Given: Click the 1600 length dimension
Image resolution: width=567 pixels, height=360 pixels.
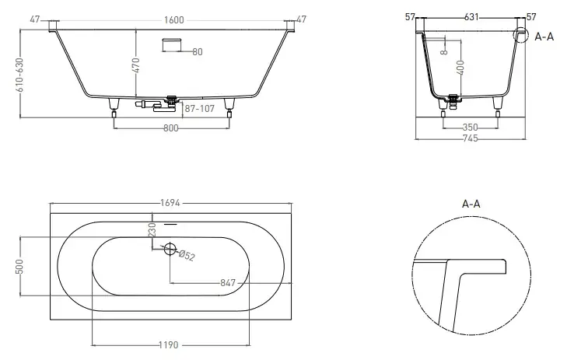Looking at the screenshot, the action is (x=174, y=20).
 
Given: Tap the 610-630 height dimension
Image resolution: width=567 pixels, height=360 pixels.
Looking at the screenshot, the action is (x=19, y=75).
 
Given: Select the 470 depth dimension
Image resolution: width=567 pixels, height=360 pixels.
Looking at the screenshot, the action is (x=136, y=65).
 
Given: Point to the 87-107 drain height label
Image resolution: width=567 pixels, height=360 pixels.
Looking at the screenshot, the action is (x=200, y=108).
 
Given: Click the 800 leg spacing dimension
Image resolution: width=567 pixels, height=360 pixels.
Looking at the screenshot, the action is (x=170, y=128).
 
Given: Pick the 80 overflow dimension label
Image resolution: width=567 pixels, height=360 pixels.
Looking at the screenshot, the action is (x=198, y=52).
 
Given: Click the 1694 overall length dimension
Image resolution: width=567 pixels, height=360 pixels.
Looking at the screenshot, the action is (x=170, y=204).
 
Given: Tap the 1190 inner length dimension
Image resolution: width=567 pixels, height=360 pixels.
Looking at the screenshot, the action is (x=169, y=345).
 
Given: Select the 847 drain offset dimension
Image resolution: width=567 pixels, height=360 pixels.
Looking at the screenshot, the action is (x=228, y=283).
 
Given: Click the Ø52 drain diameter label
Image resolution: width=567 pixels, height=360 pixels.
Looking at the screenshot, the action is (x=187, y=256).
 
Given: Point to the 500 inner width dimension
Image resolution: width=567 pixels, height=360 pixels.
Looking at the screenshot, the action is (x=19, y=267).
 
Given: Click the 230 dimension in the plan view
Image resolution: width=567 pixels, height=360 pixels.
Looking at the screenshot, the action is (x=152, y=230).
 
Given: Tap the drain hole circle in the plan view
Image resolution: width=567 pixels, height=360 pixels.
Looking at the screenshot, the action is (x=170, y=249).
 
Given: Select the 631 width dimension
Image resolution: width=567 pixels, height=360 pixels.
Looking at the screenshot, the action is (x=471, y=17).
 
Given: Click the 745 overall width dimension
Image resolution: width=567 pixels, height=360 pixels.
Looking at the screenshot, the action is (x=470, y=138).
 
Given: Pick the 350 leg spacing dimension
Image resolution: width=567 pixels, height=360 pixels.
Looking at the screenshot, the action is (x=470, y=128).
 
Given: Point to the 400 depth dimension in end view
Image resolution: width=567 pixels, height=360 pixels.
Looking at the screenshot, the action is (x=460, y=68).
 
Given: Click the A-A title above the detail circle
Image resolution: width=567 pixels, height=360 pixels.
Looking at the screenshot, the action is (x=471, y=204).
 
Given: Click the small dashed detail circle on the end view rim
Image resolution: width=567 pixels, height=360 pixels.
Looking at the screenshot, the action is (x=520, y=35).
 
